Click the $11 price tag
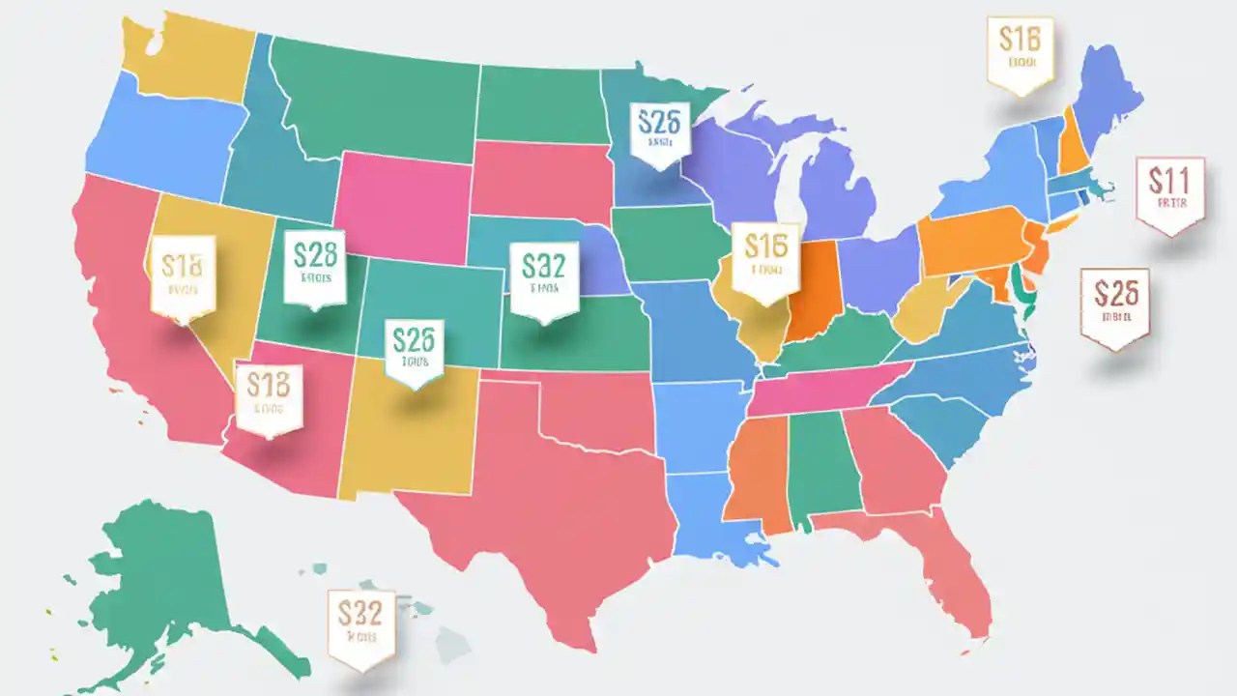pyautogui.click(x=1170, y=193)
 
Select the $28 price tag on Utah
pyautogui.click(x=314, y=264)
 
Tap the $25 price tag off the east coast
pyautogui.click(x=1114, y=305)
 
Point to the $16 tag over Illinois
pyautogui.click(x=765, y=257)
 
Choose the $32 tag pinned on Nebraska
pyautogui.click(x=544, y=278)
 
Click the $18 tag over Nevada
pyautogui.click(x=183, y=275)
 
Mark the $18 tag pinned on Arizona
pyautogui.click(x=269, y=397)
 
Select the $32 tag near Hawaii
pyautogui.click(x=361, y=626)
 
